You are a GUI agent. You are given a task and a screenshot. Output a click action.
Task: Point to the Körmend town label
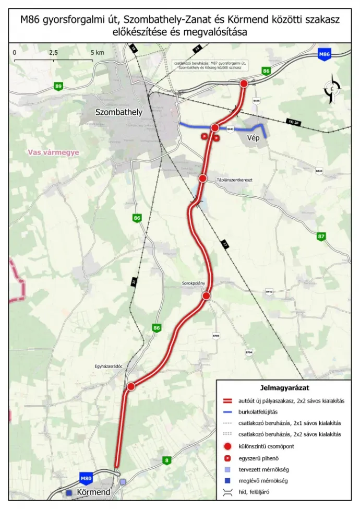(x=93, y=492)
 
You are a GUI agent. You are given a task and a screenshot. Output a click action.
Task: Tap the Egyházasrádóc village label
(x=109, y=366)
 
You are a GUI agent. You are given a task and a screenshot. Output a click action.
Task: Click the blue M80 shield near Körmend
(x=86, y=478)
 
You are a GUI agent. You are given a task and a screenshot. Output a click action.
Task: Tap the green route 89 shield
(x=58, y=86)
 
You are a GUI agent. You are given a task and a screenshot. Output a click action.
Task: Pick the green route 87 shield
(x=321, y=236)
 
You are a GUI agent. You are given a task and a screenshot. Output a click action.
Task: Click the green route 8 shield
(x=166, y=460)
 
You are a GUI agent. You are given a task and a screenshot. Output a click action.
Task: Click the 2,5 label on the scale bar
(x=53, y=53)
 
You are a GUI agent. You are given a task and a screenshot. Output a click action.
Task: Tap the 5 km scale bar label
(x=97, y=53)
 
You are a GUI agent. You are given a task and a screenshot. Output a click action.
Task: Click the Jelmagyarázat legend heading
(x=285, y=388)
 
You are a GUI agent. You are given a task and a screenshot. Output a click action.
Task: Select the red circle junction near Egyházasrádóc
(x=131, y=386)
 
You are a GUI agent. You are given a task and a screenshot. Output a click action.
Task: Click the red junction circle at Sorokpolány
(x=206, y=296)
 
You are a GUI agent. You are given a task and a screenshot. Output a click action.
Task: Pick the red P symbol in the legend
(x=227, y=458)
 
